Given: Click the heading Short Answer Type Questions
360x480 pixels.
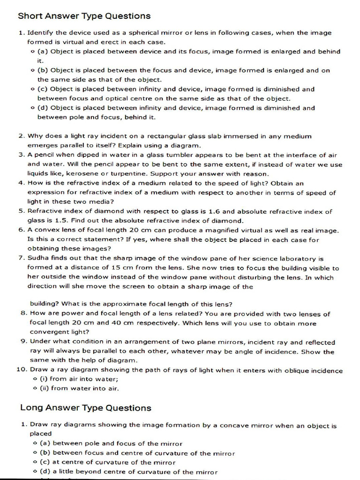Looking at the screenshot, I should pos(84,16).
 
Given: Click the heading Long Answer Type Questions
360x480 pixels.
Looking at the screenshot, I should pos(86,408).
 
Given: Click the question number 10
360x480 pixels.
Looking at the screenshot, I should pos(22,370).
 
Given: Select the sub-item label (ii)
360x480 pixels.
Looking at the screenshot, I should pos(43,388).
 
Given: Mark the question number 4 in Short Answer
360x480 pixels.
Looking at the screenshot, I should pos(22,183).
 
